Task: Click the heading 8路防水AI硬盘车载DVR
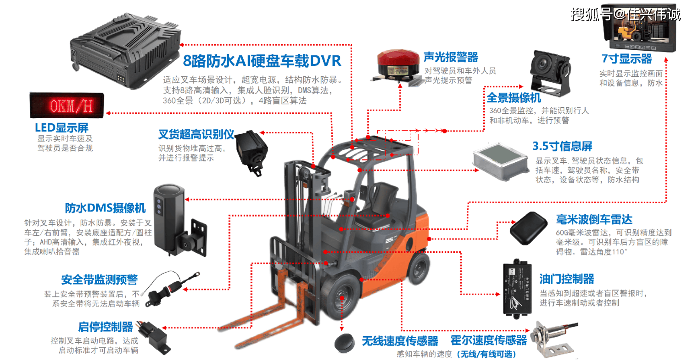pos(262,61)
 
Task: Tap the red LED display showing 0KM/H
pos(67,105)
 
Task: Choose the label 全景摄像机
pos(513,98)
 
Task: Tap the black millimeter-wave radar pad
pos(529,228)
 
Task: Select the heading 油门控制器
pos(567,279)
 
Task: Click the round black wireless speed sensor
pos(345,342)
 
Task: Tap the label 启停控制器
pos(105,327)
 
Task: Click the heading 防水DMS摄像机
pos(105,208)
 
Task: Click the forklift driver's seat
pos(378,201)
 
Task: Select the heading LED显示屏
pos(62,128)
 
